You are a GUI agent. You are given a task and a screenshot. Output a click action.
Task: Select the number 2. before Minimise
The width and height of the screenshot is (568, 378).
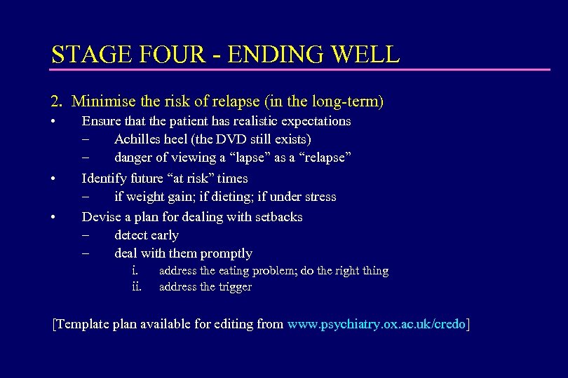pyautogui.click(x=57, y=101)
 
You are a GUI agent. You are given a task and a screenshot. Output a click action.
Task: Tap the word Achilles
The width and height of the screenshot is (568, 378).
pyautogui.click(x=138, y=140)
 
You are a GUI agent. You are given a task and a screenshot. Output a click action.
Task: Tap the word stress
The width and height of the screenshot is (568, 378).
pyautogui.click(x=319, y=197)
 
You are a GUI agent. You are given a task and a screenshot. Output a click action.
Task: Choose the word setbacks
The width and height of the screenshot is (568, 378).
pyautogui.click(x=275, y=217)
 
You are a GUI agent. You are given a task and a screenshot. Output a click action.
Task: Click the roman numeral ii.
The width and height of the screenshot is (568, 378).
pyautogui.click(x=137, y=286)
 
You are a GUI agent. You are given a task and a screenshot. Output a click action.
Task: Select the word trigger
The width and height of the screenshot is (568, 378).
pyautogui.click(x=235, y=287)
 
